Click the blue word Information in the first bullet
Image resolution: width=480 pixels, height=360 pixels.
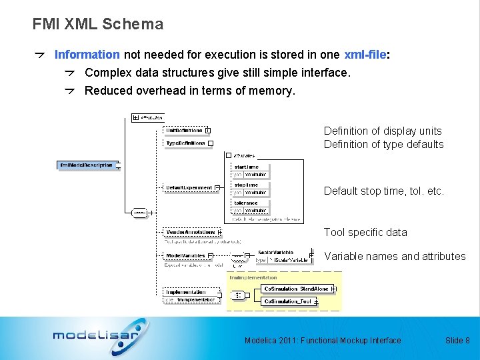click(87, 55)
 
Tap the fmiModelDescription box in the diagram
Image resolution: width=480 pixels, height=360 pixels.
click(87, 165)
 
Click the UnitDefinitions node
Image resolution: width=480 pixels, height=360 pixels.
click(185, 130)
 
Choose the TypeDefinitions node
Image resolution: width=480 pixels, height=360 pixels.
click(185, 143)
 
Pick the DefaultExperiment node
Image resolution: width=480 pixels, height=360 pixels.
click(189, 188)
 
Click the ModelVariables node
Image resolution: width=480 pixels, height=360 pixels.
click(185, 255)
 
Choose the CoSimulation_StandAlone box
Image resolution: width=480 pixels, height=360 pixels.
click(297, 289)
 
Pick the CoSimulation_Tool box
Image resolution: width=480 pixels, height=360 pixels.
click(287, 301)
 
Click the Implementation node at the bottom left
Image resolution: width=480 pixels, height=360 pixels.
click(185, 292)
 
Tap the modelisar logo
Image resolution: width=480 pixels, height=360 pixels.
click(96, 333)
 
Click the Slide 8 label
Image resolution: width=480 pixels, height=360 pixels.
click(457, 341)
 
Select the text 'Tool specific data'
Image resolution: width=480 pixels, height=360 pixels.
click(365, 232)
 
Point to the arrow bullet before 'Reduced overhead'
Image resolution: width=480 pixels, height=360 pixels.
click(70, 91)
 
